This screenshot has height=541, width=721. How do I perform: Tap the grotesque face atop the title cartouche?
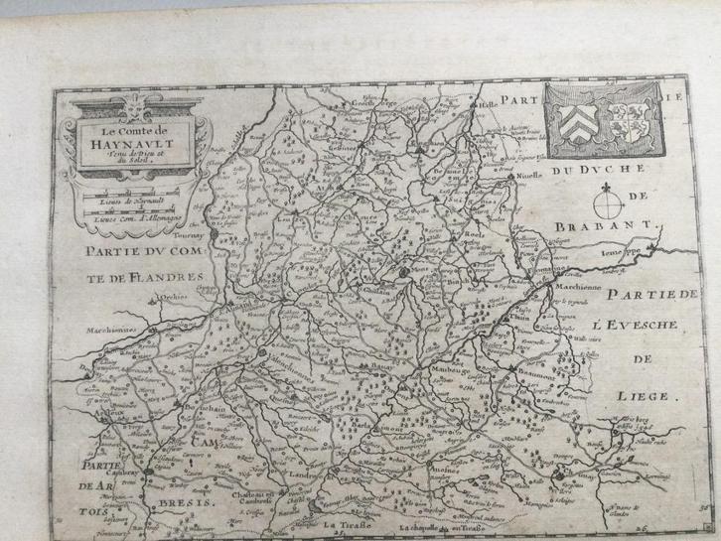128,107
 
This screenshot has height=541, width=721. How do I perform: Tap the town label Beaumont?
540,367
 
